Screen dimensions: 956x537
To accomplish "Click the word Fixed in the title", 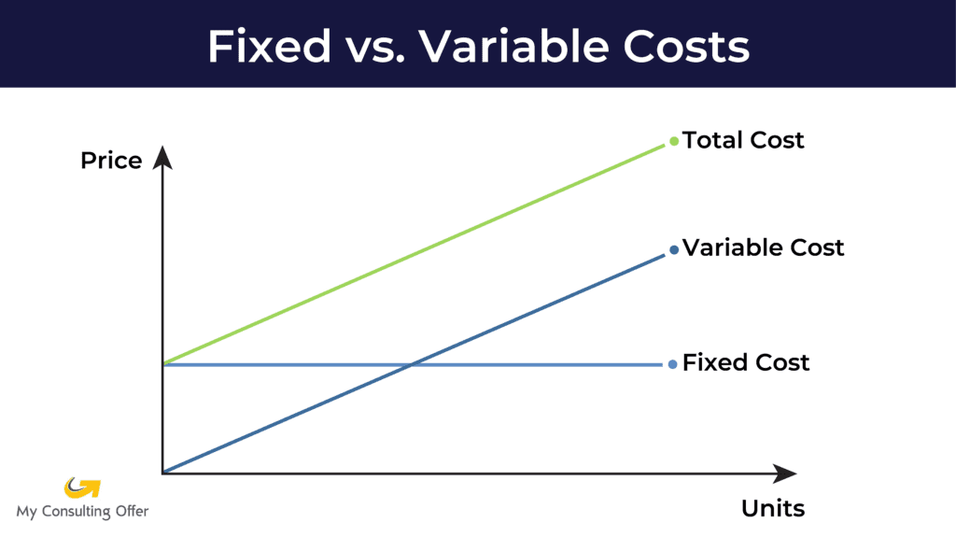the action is click(x=269, y=47).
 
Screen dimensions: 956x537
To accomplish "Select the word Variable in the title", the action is click(x=513, y=47).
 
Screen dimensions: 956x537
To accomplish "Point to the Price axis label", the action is click(x=111, y=161).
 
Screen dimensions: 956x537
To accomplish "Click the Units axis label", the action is click(x=772, y=508).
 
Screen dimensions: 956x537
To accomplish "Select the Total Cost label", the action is click(x=742, y=140).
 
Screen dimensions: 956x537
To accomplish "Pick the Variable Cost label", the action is click(x=763, y=247).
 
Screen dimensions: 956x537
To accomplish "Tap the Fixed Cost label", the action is click(x=746, y=362).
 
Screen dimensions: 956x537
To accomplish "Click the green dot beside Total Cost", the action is click(x=674, y=142).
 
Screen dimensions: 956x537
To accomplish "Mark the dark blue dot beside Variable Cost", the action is click(x=674, y=249).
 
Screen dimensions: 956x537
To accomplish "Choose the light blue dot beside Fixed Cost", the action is click(x=672, y=364).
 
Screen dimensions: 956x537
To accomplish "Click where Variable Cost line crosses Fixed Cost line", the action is click(x=412, y=364).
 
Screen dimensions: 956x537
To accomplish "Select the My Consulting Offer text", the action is click(x=82, y=512).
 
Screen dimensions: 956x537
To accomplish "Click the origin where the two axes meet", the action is click(x=162, y=473).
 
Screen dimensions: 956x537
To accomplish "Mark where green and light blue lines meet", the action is click(x=163, y=364).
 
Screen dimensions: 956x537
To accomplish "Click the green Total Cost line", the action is click(x=414, y=254).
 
